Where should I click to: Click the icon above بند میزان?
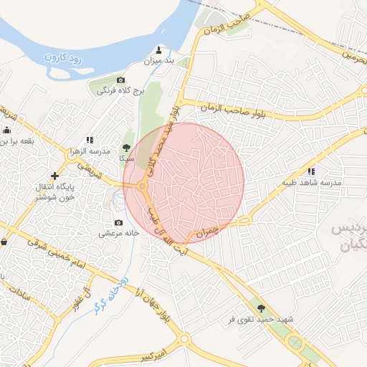pos(159,50)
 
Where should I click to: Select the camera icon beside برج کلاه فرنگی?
pos(120,80)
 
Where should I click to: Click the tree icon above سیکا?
pos(126,147)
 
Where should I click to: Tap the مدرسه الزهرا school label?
pos(90,152)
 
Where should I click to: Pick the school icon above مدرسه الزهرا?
pos(90,140)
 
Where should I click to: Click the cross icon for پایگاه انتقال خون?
pos(54,176)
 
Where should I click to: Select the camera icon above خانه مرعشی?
pos(118,222)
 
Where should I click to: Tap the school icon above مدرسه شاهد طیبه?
pos(311,171)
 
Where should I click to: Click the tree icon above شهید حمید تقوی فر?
pos(270,307)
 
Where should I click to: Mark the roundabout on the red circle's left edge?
pos(142,188)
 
